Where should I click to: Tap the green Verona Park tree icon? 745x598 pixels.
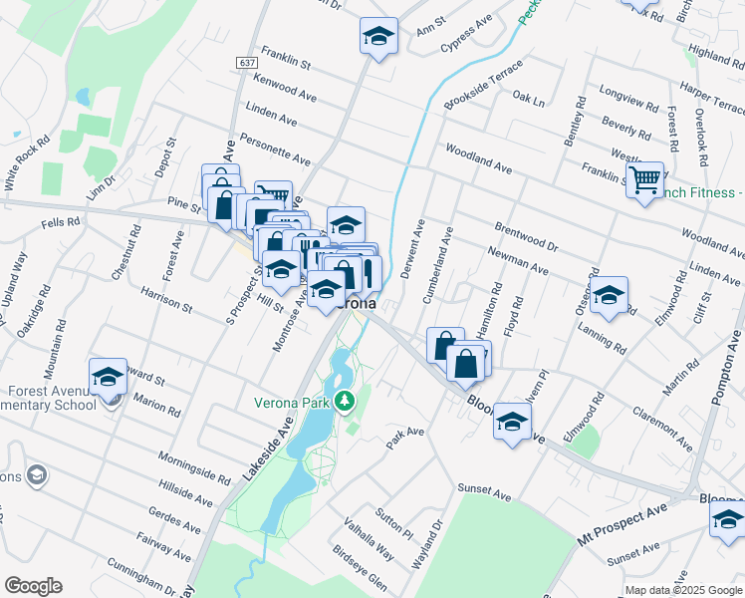point(346,401)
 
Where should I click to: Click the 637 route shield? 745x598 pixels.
point(247,62)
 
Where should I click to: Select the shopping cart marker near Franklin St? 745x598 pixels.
point(645,180)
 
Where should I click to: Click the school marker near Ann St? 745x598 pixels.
point(378,37)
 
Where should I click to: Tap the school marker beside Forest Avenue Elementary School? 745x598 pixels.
point(108,378)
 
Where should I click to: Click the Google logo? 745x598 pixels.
point(32,586)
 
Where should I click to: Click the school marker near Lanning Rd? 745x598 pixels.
point(608,296)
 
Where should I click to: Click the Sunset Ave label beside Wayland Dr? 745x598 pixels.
point(483,492)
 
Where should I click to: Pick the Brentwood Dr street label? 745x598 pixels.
point(525,235)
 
